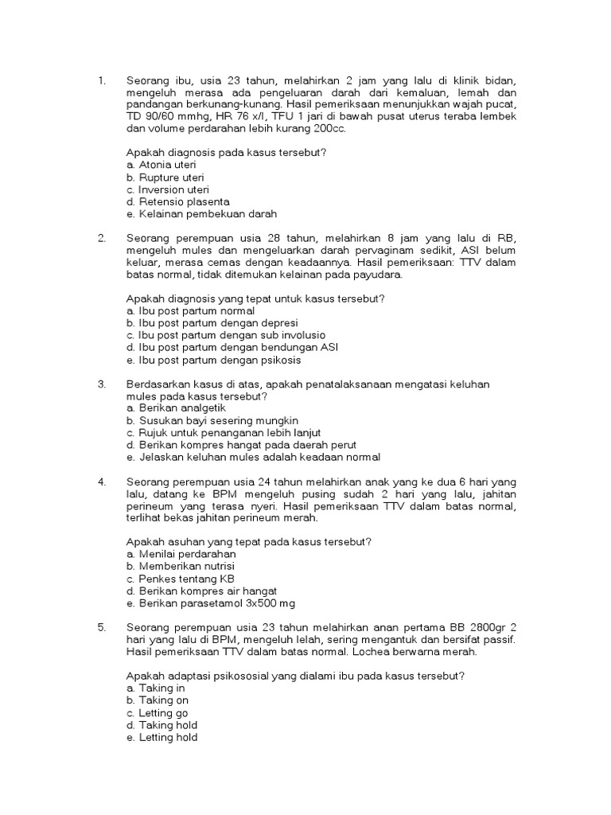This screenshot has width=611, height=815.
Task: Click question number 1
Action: click(x=101, y=80)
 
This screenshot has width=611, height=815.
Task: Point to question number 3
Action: click(x=101, y=384)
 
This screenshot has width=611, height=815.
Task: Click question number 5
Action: click(x=101, y=627)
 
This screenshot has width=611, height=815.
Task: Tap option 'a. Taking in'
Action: click(x=156, y=688)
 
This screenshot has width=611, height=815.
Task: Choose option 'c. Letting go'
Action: click(x=158, y=712)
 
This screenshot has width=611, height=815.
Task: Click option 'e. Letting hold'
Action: click(x=162, y=737)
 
